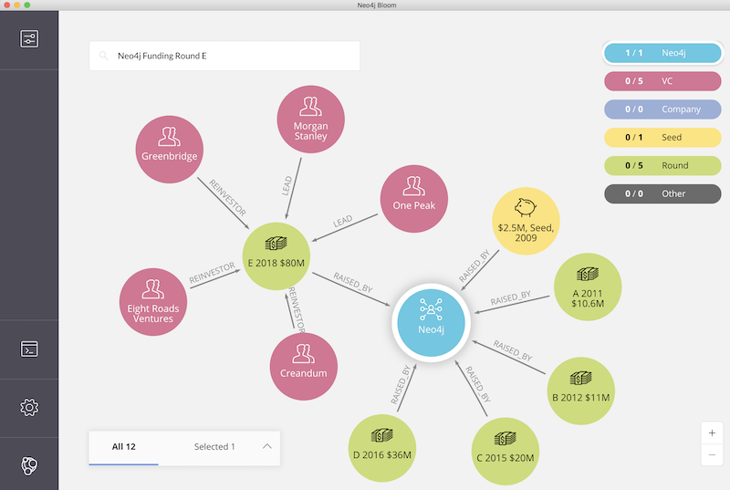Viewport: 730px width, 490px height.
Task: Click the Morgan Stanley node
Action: (x=310, y=120)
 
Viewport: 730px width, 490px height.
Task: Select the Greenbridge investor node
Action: (x=170, y=150)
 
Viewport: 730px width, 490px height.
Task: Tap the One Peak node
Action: (x=414, y=199)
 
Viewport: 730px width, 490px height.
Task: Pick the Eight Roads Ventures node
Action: (x=153, y=301)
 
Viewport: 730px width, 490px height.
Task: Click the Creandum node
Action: (x=304, y=367)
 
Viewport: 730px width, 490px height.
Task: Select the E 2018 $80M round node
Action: (x=276, y=256)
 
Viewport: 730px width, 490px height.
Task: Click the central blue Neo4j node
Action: (x=431, y=322)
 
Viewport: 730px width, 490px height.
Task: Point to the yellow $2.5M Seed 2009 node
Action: (x=526, y=221)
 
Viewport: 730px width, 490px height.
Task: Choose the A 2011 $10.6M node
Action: (x=588, y=287)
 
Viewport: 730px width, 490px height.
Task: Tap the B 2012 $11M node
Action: (x=580, y=391)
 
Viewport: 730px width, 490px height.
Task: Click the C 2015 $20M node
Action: (x=506, y=452)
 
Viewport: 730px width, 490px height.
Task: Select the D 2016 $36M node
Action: (x=382, y=448)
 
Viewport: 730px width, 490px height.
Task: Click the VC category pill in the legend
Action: (x=662, y=81)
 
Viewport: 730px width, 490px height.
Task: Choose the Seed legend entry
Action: (x=662, y=137)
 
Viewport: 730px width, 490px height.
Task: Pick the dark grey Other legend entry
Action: (x=662, y=193)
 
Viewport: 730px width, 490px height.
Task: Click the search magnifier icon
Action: (x=103, y=56)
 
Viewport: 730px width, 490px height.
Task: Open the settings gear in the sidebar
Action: (x=29, y=408)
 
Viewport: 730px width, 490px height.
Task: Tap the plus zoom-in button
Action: (x=712, y=433)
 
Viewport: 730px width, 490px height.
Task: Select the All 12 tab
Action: (x=124, y=447)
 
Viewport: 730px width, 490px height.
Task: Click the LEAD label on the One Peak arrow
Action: (x=343, y=222)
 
